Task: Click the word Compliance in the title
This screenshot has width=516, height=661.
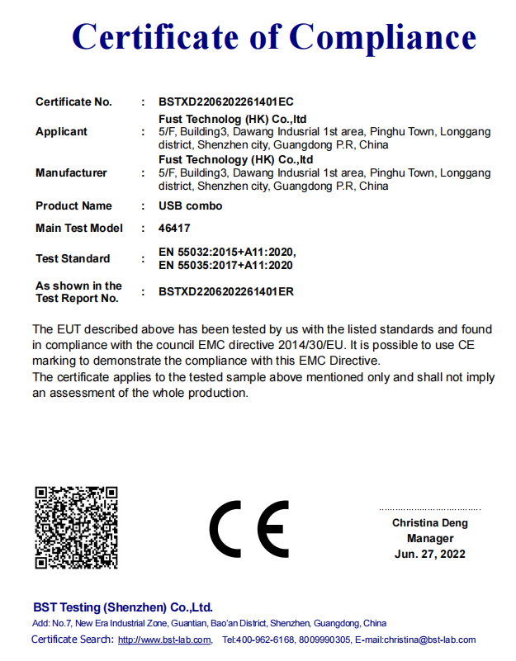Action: [384, 37]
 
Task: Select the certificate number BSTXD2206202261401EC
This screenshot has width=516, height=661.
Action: [225, 102]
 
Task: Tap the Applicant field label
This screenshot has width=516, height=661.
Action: [61, 132]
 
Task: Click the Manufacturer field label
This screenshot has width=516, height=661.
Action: [71, 172]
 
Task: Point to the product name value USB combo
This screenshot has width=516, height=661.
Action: [191, 205]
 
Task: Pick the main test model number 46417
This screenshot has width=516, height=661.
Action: [174, 228]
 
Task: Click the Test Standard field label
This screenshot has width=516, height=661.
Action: [73, 258]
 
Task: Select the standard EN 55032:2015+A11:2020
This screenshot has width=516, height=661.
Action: [226, 252]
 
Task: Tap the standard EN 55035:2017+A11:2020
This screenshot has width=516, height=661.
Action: [225, 265]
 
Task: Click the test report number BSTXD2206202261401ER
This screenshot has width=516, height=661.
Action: [226, 291]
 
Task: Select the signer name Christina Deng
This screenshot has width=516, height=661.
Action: [429, 523]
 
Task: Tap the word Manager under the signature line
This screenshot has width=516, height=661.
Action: [429, 538]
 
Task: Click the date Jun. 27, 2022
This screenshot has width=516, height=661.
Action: [429, 554]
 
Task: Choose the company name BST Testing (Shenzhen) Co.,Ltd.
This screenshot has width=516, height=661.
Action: [122, 607]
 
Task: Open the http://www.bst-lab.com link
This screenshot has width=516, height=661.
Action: [164, 640]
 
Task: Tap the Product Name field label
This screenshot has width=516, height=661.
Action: [73, 205]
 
